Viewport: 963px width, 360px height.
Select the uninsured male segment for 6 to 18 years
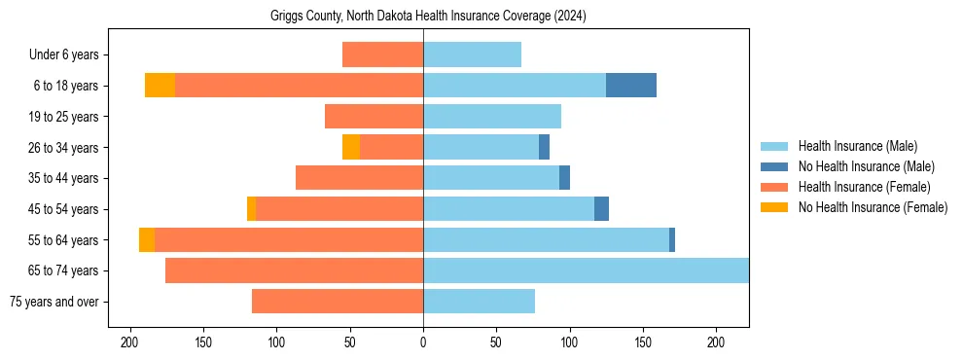click(631, 86)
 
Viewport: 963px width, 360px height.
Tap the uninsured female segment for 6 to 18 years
click(160, 86)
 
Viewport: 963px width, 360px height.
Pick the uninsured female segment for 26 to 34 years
click(351, 147)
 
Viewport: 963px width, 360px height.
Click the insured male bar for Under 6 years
click(472, 54)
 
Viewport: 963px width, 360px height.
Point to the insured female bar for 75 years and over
click(338, 302)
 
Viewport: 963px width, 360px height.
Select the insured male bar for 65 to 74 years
click(586, 270)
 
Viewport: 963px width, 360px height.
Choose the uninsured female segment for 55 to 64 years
click(147, 240)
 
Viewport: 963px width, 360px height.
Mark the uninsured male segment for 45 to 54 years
click(601, 209)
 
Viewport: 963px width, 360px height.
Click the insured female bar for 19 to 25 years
click(374, 117)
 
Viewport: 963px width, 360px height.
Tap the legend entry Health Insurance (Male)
click(857, 146)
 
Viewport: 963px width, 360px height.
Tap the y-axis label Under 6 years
click(69, 55)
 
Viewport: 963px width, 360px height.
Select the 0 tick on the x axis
click(423, 342)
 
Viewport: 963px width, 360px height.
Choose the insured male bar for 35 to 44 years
click(491, 178)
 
